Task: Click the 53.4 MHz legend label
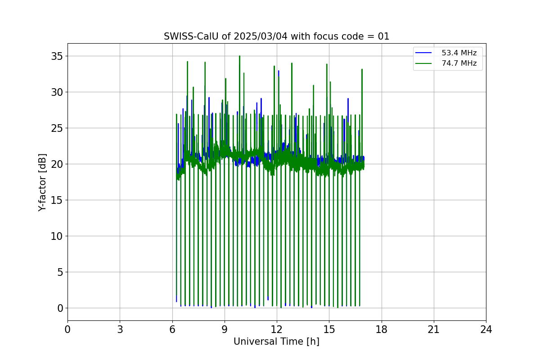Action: (x=459, y=53)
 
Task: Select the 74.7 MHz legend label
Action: (x=459, y=63)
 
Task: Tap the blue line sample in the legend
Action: (x=423, y=53)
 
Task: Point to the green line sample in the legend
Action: (x=423, y=63)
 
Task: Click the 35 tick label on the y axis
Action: (x=57, y=56)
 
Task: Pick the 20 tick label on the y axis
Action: (x=57, y=164)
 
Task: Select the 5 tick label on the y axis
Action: (x=59, y=272)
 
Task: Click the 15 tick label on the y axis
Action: (x=57, y=200)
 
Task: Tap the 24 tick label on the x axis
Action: (x=486, y=330)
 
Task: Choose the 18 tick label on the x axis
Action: (x=381, y=330)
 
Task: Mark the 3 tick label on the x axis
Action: (x=120, y=330)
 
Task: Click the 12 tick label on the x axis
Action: (x=277, y=330)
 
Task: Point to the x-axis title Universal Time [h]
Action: (x=276, y=342)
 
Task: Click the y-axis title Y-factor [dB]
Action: (x=42, y=182)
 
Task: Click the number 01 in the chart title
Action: (x=383, y=36)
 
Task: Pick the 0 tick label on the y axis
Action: (x=59, y=308)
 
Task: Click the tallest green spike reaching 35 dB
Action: (x=239, y=57)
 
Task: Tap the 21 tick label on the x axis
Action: (x=433, y=330)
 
